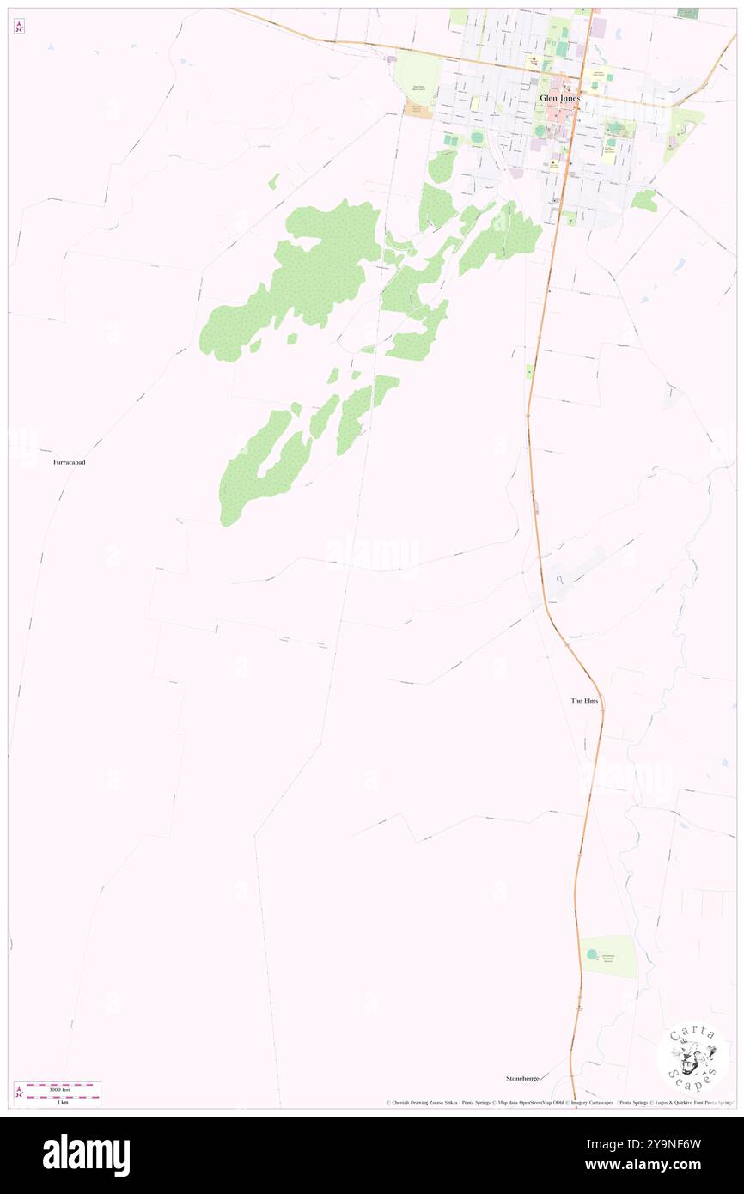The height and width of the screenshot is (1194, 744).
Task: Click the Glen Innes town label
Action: coord(560,99)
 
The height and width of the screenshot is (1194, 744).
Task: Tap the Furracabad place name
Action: coord(69,462)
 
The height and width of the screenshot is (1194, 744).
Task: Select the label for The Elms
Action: coord(584,701)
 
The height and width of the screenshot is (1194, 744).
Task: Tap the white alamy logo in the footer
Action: coord(86,1155)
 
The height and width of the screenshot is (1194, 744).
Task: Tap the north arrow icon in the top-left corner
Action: coord(19,27)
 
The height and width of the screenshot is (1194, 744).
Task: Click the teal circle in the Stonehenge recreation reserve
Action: coord(591,954)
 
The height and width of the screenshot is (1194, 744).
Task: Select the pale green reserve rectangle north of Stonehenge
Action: coord(609,956)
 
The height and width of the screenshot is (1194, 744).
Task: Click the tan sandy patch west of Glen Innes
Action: coord(419,111)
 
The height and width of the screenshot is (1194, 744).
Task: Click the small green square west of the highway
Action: coord(529,371)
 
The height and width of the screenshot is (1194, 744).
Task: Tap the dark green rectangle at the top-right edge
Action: coord(687,13)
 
